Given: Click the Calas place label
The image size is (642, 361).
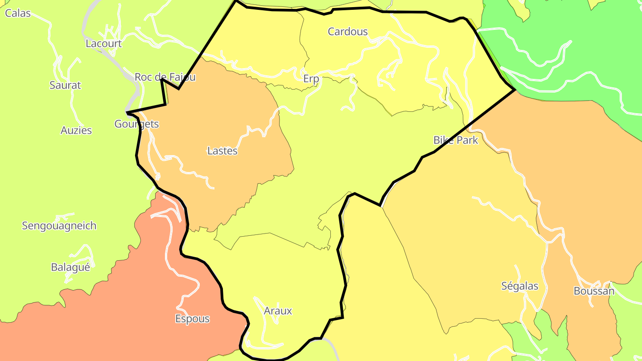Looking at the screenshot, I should (18, 13).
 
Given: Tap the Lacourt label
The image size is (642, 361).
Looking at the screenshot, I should (103, 44).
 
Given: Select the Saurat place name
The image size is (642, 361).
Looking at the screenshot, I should (65, 85).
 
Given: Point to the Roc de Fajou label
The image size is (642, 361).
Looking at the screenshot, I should (165, 77).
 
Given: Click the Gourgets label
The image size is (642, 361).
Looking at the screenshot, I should (136, 124).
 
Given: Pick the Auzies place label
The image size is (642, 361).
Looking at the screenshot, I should (76, 131).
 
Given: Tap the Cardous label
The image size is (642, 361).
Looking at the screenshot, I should (348, 32).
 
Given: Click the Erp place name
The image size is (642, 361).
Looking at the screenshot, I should (311, 79).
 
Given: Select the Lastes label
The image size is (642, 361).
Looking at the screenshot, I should (222, 151).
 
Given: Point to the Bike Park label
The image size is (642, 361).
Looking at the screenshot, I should (456, 140).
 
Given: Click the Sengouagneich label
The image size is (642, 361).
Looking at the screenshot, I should (59, 226).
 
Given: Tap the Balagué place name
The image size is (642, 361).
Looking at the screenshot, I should (70, 267).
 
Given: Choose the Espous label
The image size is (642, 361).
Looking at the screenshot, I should (192, 319).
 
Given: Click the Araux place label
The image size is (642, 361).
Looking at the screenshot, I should (278, 311).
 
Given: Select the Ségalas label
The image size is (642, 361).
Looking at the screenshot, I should (520, 286).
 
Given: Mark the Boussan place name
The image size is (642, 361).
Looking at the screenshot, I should (594, 291).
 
